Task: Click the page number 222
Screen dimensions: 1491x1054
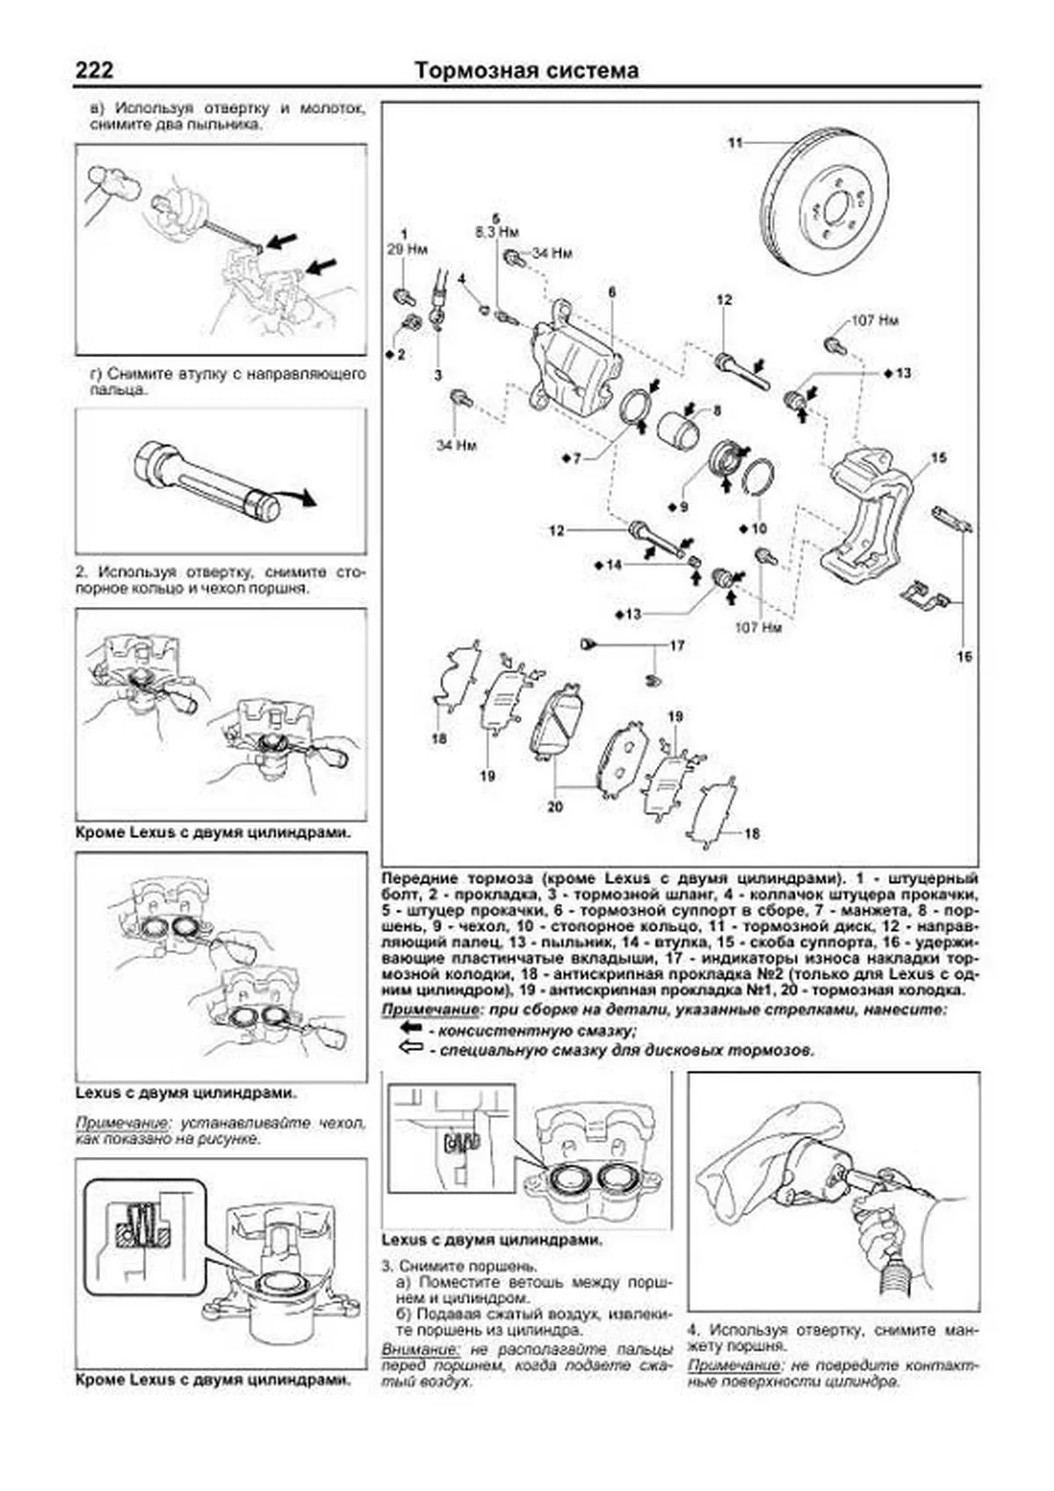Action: [94, 69]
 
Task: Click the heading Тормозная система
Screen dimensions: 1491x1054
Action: [526, 70]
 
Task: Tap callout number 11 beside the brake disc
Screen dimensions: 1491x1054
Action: [735, 141]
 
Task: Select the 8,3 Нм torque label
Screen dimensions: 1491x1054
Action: [496, 232]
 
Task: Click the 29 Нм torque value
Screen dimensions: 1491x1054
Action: [406, 250]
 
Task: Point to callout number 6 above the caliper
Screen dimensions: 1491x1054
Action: [611, 291]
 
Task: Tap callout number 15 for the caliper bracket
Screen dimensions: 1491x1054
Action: [939, 458]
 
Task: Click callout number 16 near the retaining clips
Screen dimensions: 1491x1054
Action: [964, 656]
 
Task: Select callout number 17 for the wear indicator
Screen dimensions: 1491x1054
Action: [676, 646]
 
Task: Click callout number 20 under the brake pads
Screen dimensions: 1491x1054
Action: [554, 806]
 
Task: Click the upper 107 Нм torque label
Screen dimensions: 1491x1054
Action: [875, 321]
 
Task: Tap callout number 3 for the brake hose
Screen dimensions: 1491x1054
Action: [437, 375]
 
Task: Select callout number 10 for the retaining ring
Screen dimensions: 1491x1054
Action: [759, 528]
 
